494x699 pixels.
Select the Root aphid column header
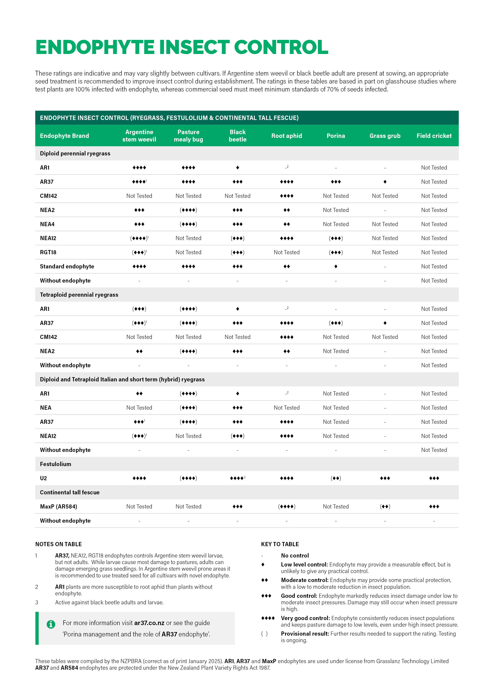click(286, 136)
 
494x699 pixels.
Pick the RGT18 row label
click(48, 252)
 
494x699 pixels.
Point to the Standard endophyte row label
click(67, 266)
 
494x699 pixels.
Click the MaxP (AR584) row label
click(58, 507)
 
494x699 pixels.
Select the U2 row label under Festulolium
click(44, 478)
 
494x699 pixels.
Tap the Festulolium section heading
click(55, 464)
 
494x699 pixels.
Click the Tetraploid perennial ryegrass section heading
click(79, 295)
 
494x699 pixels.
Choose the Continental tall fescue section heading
click(70, 492)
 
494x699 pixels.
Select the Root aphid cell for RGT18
click(286, 252)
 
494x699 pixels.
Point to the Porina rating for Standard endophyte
click(336, 266)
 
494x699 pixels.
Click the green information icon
click(51, 624)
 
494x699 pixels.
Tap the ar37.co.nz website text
click(149, 623)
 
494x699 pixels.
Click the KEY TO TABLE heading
click(280, 544)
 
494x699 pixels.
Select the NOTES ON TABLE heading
click(58, 544)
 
